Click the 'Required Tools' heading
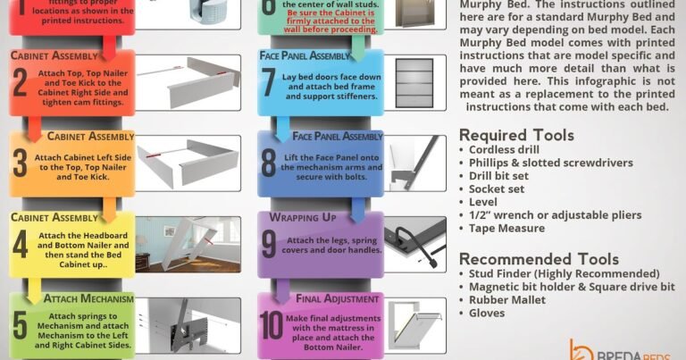516,136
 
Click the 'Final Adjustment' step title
339,298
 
